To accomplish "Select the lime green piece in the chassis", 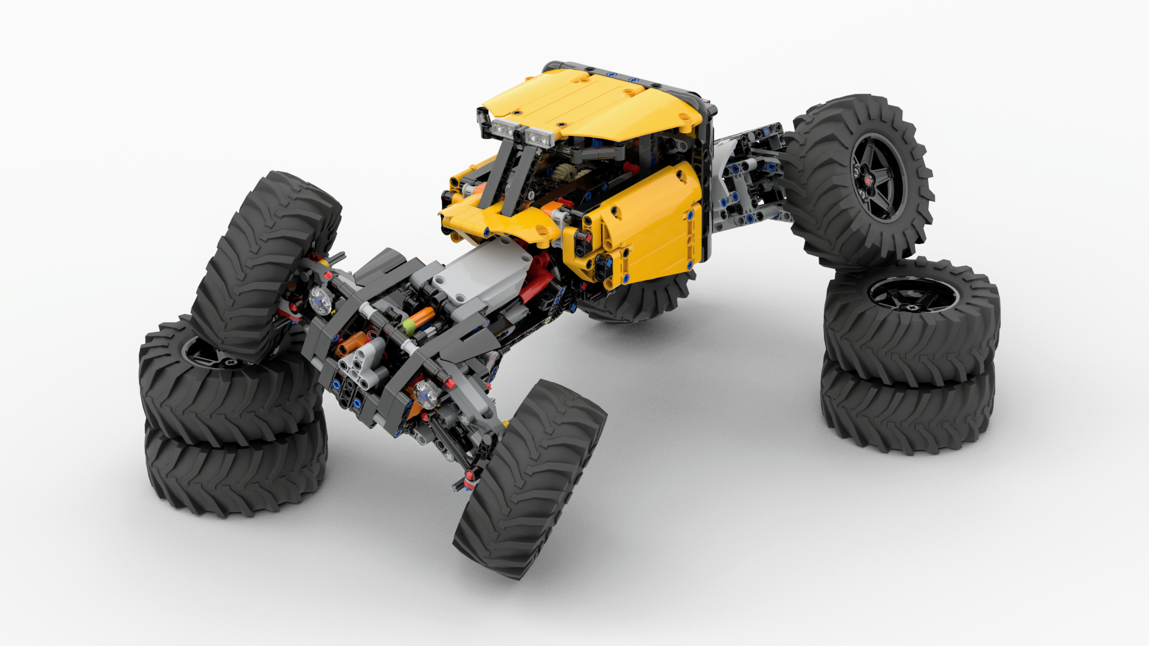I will click(x=409, y=326).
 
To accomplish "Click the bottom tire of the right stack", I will click(x=907, y=413).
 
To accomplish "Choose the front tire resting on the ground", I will click(x=530, y=479).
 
